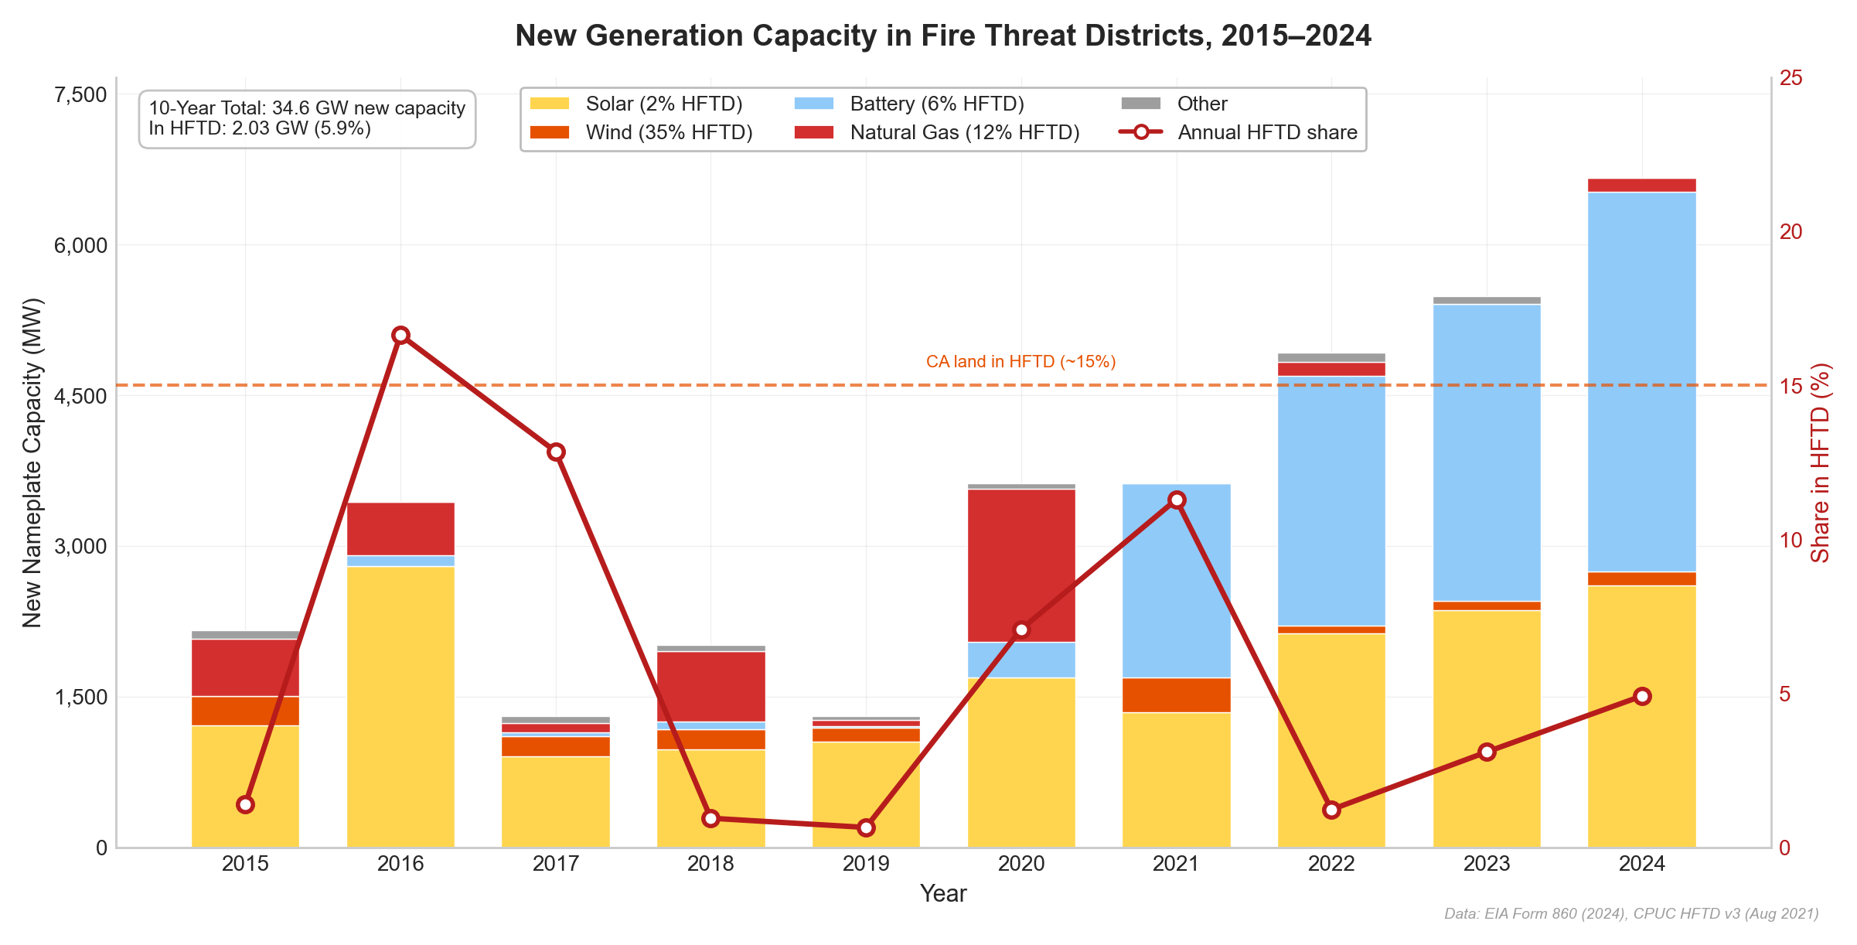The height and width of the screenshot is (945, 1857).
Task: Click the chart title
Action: coord(943,36)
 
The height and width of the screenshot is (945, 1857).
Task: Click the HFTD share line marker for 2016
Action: coord(400,335)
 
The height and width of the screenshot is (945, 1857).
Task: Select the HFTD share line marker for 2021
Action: coord(1177,500)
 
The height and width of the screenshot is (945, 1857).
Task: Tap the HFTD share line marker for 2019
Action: coord(866,827)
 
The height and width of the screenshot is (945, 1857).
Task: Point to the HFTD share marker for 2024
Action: coord(1643,696)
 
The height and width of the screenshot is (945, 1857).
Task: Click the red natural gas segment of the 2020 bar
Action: coord(1021,565)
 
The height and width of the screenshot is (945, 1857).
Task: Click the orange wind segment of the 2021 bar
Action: coord(1177,694)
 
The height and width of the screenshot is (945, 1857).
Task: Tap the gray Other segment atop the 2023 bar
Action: coord(1487,300)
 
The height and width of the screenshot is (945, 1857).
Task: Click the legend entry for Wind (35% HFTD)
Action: coord(642,132)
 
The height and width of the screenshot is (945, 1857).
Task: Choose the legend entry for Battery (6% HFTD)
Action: coord(909,104)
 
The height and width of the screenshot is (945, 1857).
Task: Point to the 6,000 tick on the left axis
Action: coord(80,245)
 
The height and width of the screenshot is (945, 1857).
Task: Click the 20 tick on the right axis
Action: coord(1791,231)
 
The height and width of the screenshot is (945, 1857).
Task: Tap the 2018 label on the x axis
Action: coord(710,864)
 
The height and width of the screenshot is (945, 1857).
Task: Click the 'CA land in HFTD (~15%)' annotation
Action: coord(1020,362)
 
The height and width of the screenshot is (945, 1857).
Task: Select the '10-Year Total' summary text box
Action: coord(307,118)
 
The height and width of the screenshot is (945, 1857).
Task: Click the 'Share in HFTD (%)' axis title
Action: coord(1821,462)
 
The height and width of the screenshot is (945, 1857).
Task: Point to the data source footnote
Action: coord(1631,914)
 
